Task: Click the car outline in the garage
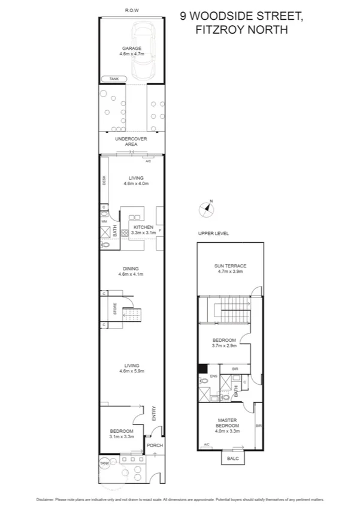[144, 51]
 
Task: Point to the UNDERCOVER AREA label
[131, 141]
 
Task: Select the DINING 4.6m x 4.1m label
[131, 272]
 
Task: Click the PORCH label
[155, 445]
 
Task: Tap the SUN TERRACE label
[231, 269]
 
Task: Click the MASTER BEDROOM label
[227, 425]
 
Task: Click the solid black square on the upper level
[202, 369]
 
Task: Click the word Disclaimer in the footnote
[47, 499]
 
